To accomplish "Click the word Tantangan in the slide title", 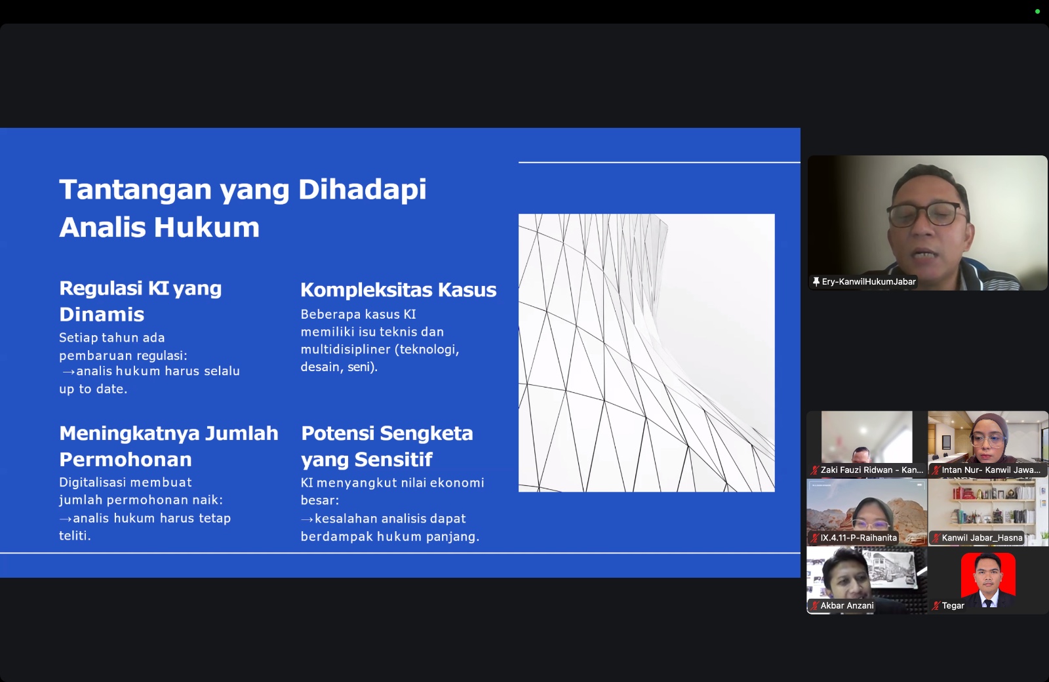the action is coord(135,190).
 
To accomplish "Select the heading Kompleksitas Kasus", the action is coord(398,290).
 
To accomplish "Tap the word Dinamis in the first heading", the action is coord(102,314).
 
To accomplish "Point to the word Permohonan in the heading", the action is coord(125,460).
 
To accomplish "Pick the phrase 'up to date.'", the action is coord(93,389).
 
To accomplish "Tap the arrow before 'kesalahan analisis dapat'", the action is coord(307,519).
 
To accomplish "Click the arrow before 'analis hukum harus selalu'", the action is coord(68,371).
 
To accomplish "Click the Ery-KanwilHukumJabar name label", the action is coord(868,281).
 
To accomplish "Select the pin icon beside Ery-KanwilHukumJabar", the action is coord(816,282).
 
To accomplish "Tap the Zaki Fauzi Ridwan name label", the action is coord(871,470).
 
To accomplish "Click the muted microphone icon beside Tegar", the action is coord(936,606).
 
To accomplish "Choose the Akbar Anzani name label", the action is coord(846,606).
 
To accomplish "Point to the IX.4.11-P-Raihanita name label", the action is coord(858,538).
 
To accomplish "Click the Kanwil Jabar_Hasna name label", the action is coord(981,538).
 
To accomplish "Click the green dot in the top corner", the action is coord(1037,12).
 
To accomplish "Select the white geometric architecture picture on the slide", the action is coord(646,353).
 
